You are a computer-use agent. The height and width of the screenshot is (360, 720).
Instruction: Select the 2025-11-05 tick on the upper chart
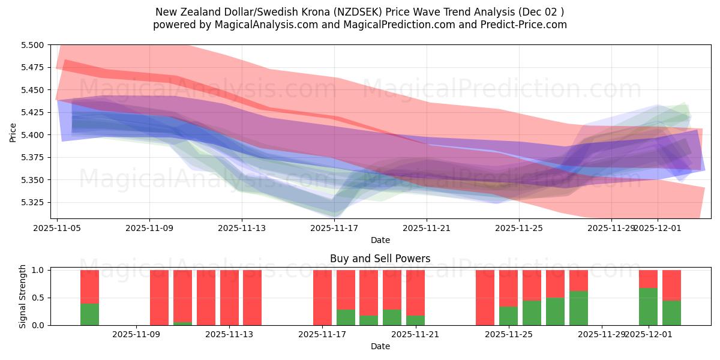click(x=57, y=228)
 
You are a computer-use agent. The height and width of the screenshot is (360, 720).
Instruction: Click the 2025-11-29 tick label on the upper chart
click(x=611, y=228)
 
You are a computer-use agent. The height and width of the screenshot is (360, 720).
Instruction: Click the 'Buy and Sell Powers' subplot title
click(x=380, y=259)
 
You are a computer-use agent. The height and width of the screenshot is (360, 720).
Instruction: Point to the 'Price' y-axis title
click(x=14, y=132)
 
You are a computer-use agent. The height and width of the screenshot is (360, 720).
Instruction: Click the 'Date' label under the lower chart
click(x=380, y=346)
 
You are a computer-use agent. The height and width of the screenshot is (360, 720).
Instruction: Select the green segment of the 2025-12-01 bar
click(x=648, y=307)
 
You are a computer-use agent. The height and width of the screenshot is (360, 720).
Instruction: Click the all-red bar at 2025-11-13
click(x=229, y=298)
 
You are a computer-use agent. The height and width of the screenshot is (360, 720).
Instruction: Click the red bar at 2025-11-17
click(x=322, y=298)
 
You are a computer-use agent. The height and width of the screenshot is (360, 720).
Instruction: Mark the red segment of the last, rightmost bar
click(x=671, y=285)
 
